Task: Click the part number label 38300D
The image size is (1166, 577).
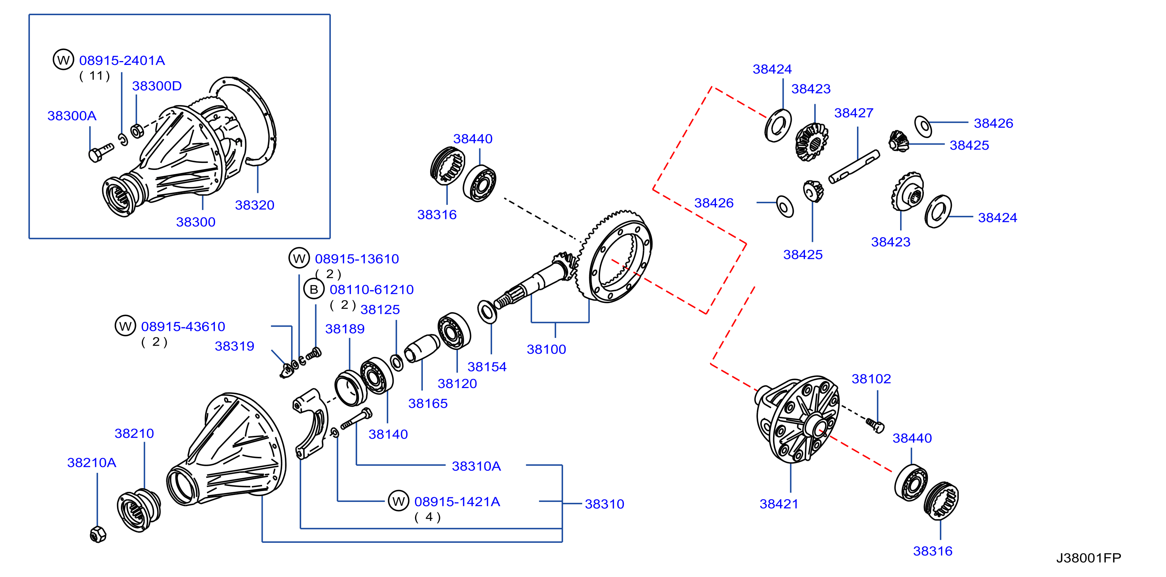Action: click(x=157, y=86)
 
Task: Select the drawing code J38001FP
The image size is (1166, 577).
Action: click(x=1089, y=558)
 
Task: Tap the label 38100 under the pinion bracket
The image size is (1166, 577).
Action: click(x=546, y=349)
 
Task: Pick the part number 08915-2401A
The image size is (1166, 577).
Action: click(x=122, y=60)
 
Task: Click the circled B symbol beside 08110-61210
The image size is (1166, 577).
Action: click(x=314, y=289)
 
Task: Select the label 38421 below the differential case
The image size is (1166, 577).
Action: click(x=778, y=504)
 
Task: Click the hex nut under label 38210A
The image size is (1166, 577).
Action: click(x=98, y=535)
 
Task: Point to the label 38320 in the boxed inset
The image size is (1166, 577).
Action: click(x=255, y=205)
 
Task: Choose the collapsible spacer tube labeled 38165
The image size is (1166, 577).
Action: click(x=421, y=348)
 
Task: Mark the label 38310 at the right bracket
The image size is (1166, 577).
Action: click(x=604, y=504)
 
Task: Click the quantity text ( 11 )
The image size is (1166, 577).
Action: click(x=94, y=76)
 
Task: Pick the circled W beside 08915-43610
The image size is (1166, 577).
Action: click(x=126, y=326)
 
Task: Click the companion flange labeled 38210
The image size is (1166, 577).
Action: click(x=139, y=511)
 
